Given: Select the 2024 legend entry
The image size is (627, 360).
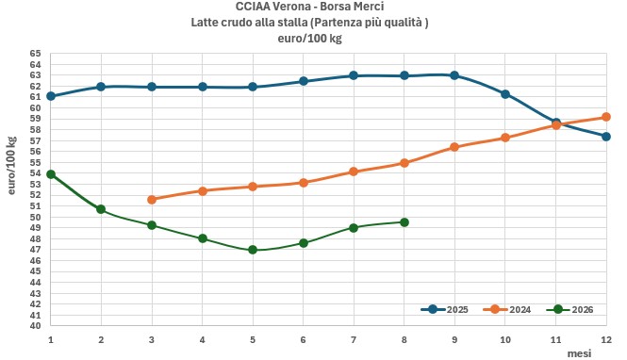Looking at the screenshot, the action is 507,310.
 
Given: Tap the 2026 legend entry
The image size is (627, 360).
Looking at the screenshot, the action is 569,310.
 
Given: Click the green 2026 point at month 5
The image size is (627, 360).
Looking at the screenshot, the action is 253,250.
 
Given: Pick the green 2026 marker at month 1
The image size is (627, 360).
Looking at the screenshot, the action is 51,174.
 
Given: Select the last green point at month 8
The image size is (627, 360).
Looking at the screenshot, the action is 404,222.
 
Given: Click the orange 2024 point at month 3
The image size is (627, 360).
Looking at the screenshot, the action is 152,200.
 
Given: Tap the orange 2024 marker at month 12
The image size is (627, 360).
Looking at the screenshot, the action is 606,117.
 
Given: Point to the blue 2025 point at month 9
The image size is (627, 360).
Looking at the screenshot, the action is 454,75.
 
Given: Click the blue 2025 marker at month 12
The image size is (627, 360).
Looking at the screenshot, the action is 606,137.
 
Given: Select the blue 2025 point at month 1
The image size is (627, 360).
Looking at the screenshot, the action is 51,96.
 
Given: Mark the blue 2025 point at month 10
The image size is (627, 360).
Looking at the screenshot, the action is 505,94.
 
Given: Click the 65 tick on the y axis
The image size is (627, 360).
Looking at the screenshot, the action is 35,54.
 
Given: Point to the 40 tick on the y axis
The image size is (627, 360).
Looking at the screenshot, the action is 35,326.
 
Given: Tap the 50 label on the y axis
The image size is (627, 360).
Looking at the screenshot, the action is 35,217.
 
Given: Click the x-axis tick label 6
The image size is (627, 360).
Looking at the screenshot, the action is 303,339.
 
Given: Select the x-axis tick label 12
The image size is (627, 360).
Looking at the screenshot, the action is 606,339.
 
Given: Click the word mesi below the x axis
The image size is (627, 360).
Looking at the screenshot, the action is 580,353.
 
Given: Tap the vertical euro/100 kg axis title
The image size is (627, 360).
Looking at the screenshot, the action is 12,166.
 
